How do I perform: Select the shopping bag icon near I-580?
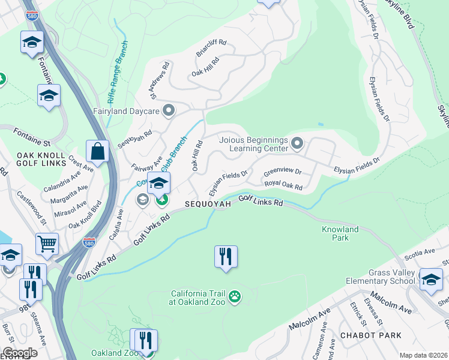97,151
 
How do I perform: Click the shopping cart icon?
47,244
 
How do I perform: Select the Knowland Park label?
340,233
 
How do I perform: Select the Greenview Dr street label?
282,173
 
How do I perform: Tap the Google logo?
20,353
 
